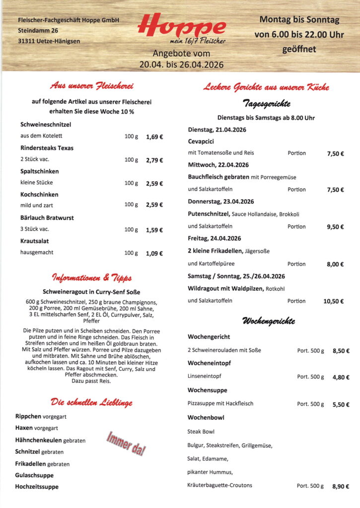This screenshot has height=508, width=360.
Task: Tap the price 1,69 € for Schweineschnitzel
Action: tap(154, 136)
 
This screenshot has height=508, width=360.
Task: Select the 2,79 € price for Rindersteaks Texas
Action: tap(154, 160)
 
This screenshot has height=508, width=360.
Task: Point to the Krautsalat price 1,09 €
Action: tap(154, 253)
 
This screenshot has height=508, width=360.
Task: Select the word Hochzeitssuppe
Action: tap(37, 487)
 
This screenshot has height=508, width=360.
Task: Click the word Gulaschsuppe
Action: tap(34, 475)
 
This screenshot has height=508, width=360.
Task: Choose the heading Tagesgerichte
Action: tap(266, 104)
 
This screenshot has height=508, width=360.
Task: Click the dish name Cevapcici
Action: tap(201, 141)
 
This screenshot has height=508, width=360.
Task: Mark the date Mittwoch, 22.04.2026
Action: tap(218, 165)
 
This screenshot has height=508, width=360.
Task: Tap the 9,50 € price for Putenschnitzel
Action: tap(335, 227)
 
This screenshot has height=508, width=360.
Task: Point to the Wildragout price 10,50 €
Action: tap(333, 301)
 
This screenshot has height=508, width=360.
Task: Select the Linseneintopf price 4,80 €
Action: tap(341, 377)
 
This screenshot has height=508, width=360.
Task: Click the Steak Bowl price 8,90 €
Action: tap(341, 487)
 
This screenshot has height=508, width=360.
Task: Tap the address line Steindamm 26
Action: tap(38, 30)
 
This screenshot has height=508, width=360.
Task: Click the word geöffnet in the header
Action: tap(299, 50)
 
